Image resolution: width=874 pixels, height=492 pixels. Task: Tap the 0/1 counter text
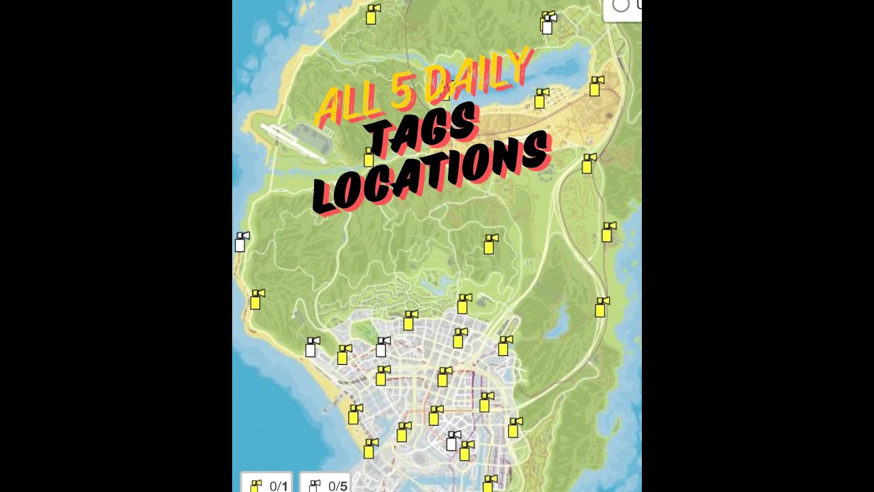click(279, 487)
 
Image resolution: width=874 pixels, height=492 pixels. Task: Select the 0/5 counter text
click(338, 487)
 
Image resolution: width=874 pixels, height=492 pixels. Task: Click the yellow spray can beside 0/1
click(256, 486)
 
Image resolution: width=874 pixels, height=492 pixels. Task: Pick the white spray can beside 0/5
click(314, 486)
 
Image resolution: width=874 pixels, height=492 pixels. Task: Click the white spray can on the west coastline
click(241, 242)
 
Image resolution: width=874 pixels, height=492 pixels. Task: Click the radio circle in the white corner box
click(620, 5)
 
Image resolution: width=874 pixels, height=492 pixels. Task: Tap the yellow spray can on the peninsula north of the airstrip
click(372, 14)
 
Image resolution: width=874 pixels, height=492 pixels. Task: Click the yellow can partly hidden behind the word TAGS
click(369, 157)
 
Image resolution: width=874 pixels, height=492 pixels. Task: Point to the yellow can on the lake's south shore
click(541, 98)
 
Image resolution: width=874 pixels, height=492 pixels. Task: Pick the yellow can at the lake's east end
click(596, 86)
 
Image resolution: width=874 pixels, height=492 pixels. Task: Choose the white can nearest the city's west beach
click(311, 347)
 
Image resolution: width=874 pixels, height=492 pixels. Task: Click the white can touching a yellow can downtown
click(452, 441)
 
